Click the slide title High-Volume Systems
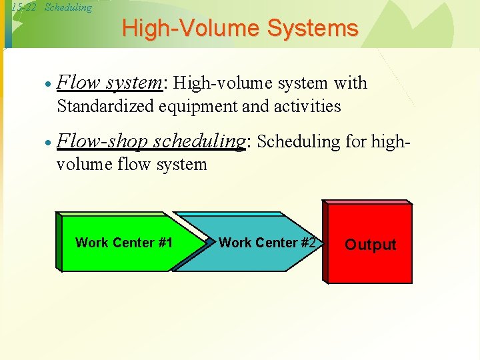coord(240,28)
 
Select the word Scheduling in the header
coord(68,7)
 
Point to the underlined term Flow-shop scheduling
coord(153,141)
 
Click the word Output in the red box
coord(370,245)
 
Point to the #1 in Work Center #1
coord(165,243)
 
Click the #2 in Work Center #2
coord(307,243)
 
